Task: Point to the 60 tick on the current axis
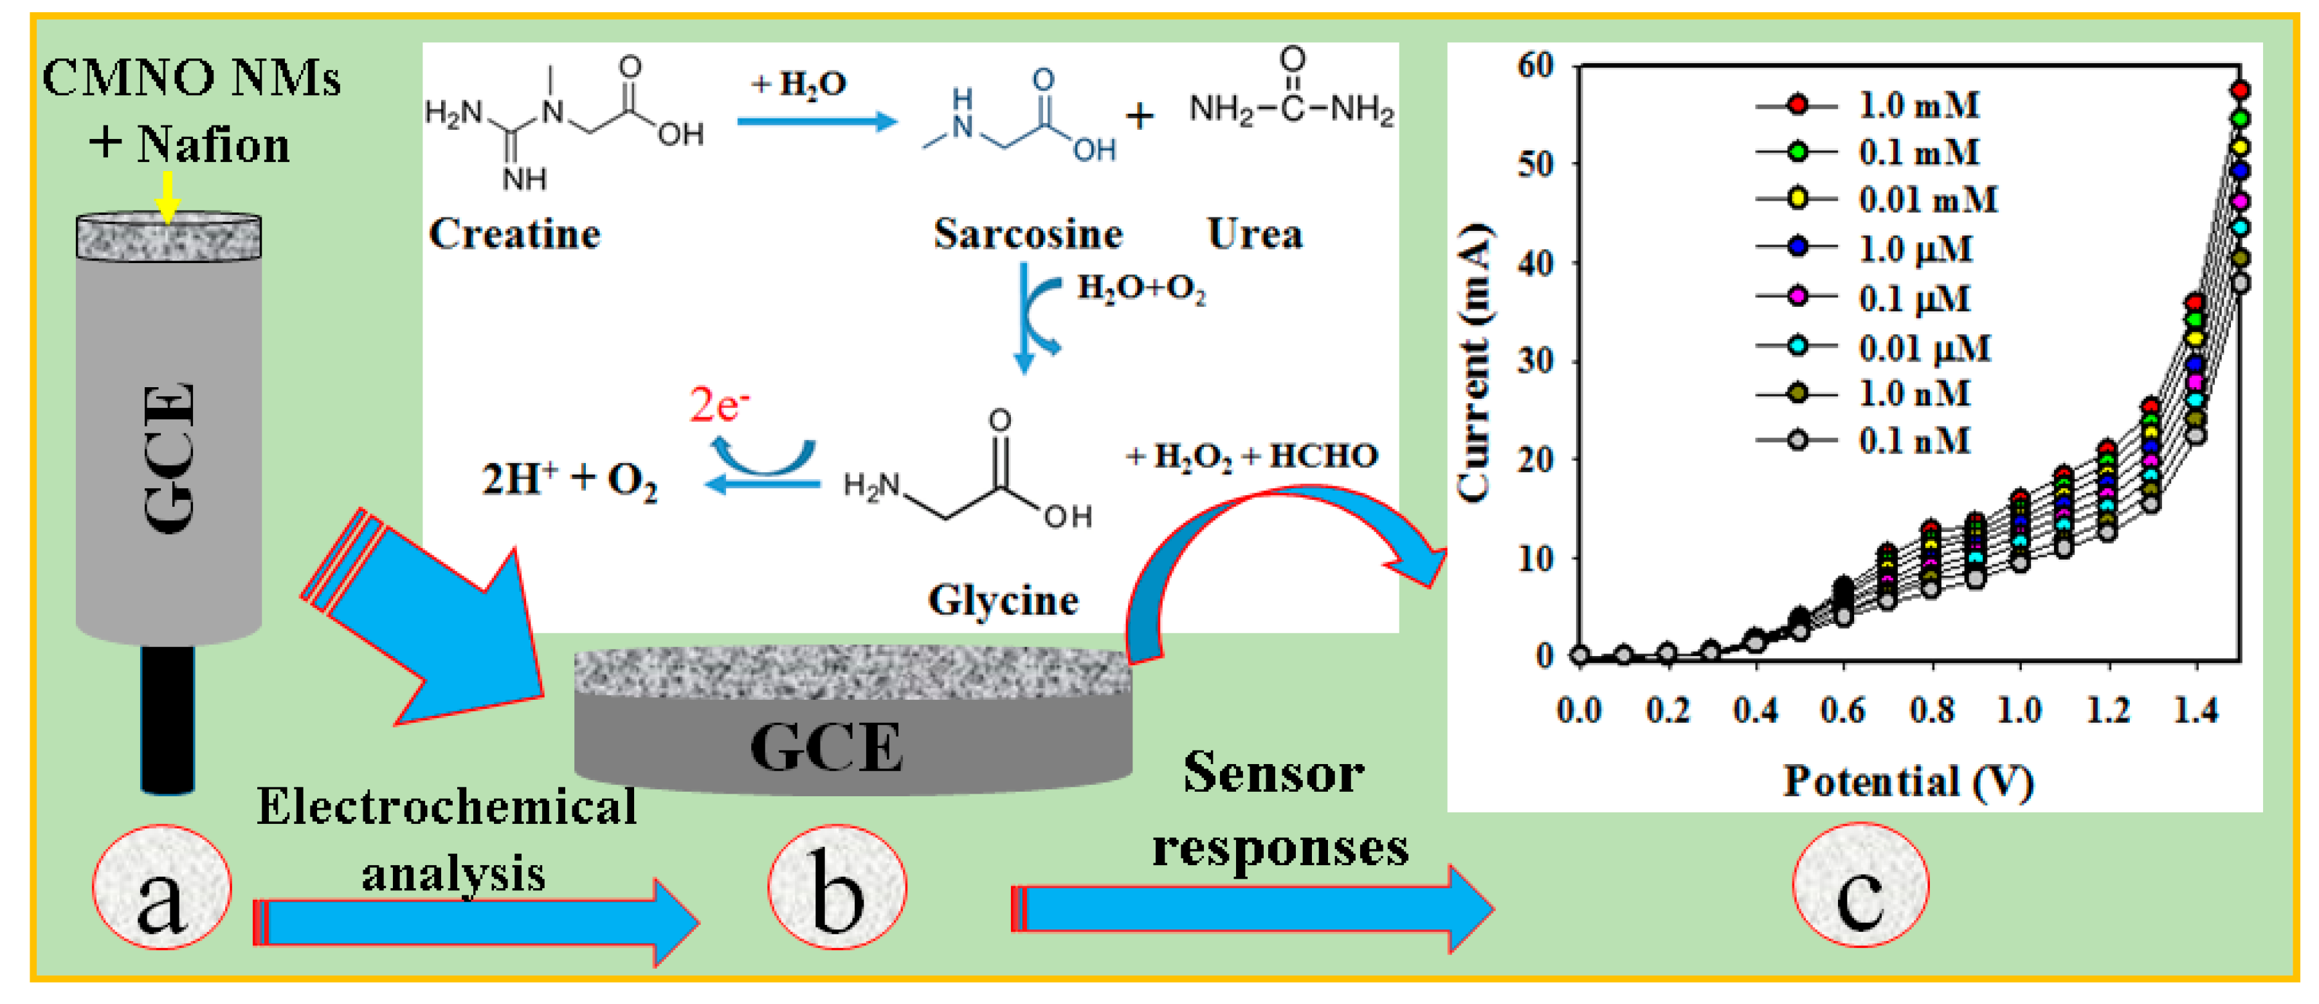[1535, 65]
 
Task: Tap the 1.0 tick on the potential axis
[2019, 711]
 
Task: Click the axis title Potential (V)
[1909, 781]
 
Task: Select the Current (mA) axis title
[1474, 360]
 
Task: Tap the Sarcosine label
[1027, 234]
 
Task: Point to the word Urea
[1254, 234]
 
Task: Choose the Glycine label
[1003, 599]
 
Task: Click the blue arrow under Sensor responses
[1251, 909]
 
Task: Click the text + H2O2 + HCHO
[1251, 457]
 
